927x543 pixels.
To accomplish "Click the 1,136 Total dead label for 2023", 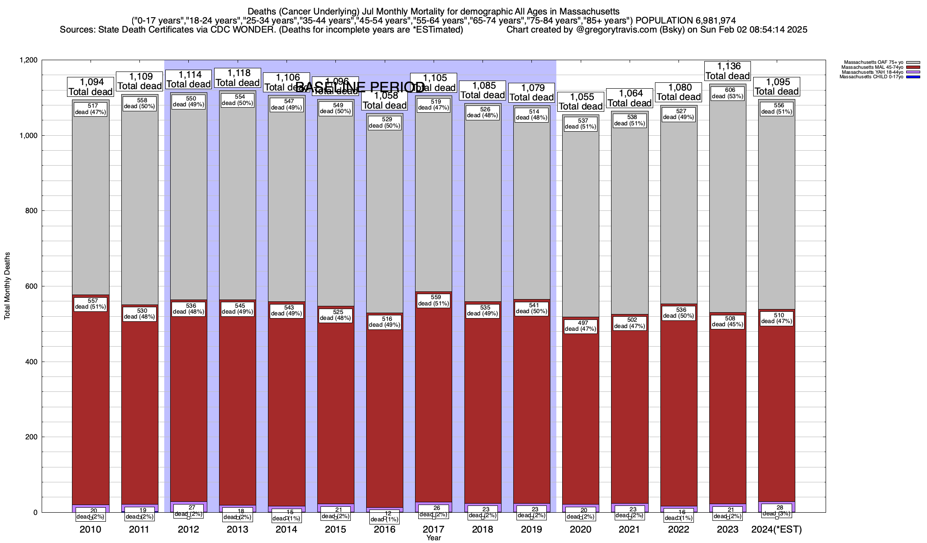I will pos(727,71).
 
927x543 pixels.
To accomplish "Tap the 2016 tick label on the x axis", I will pos(384,529).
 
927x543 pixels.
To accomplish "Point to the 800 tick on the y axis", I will pos(31,211).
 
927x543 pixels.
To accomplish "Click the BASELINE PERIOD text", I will pos(360,87).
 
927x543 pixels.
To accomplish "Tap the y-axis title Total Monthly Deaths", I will pos(7,286).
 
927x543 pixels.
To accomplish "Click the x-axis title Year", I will pos(433,538).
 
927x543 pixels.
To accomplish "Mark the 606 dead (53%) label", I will pos(727,93).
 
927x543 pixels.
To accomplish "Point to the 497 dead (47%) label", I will pos(580,326).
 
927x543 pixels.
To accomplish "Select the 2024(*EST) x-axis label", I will pos(776,529).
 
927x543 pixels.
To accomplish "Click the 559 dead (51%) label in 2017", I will pos(433,300).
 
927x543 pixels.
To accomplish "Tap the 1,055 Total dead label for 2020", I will pos(580,102).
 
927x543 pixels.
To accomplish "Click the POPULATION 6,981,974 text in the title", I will pos(685,20).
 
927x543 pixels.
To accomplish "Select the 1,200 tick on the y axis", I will pos(28,60).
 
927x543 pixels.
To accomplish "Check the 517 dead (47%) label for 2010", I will pos(90,109).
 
